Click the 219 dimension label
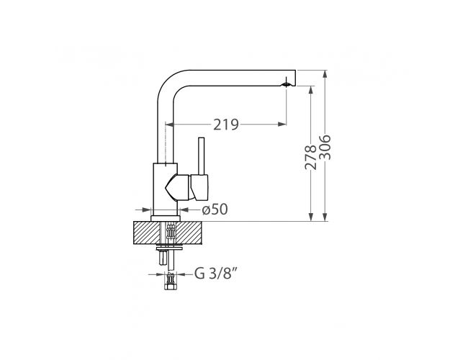226,125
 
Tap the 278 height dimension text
310,157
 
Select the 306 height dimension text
325,148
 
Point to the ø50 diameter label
215,210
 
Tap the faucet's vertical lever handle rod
202,156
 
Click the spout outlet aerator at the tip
287,84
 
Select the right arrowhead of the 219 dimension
282,124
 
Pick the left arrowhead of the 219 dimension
169,124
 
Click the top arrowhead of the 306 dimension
325,74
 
